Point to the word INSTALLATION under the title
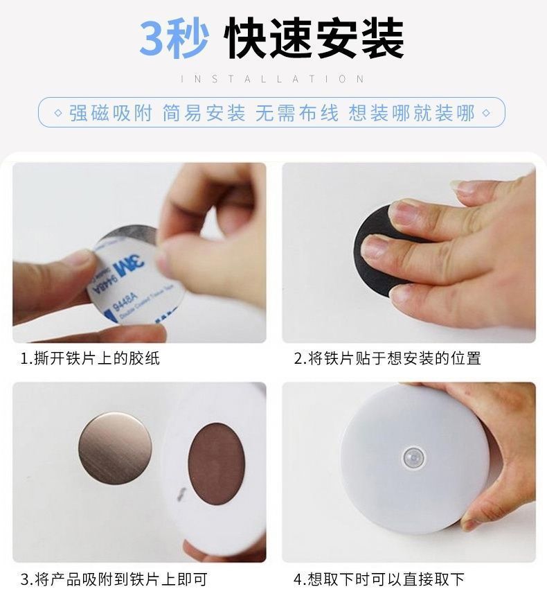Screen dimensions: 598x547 click(x=273, y=79)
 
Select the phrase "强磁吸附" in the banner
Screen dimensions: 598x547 click(x=110, y=113)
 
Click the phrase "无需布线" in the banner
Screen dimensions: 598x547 click(x=297, y=113)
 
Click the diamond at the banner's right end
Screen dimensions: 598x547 click(x=486, y=113)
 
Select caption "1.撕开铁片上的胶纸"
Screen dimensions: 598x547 click(x=90, y=358)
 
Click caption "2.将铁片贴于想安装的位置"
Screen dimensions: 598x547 click(x=387, y=358)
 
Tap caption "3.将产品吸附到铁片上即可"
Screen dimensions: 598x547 click(x=114, y=579)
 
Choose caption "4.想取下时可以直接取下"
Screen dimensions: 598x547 click(x=379, y=579)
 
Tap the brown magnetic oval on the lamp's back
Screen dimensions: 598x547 click(x=216, y=463)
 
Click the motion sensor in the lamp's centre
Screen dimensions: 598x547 click(x=413, y=457)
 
